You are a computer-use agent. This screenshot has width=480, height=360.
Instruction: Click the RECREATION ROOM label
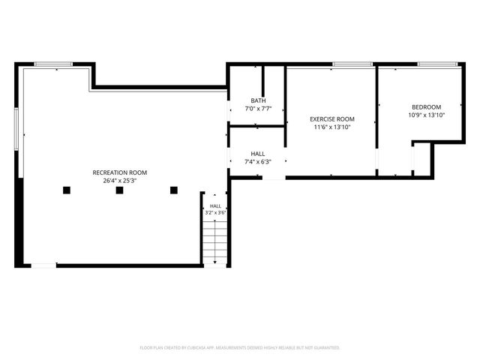pos(120,172)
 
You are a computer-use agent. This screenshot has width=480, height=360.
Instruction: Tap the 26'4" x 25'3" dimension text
pos(120,181)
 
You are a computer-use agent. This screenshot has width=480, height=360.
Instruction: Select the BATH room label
pos(258,100)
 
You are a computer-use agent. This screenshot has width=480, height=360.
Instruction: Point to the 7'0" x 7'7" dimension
pos(258,108)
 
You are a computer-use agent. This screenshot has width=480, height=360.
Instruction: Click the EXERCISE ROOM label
pos(332,119)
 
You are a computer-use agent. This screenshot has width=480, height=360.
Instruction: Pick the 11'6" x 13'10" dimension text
pos(332,127)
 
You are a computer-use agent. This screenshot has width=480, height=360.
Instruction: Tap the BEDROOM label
pos(427,107)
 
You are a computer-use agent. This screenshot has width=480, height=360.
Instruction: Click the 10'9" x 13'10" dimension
pos(427,115)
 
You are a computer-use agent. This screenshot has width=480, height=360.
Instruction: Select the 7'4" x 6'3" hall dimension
pos(258,162)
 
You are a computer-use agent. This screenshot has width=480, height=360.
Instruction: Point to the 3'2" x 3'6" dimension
pos(215,212)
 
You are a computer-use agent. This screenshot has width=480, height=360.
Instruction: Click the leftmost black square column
pos(67,190)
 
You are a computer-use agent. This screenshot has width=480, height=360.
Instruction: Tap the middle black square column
pos(120,190)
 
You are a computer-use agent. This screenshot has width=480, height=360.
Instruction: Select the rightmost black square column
pos(174,190)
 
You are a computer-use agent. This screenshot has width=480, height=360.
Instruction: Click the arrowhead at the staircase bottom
pos(215,262)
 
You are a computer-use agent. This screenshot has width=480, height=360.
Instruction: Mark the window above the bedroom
pos(437,64)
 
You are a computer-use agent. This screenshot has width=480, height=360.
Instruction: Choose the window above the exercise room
pos(352,64)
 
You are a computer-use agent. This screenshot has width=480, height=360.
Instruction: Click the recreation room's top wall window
pos(53,64)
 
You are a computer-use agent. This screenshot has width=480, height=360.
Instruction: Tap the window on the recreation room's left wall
pos(16,129)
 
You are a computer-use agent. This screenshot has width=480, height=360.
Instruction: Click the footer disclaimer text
pos(240,348)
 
